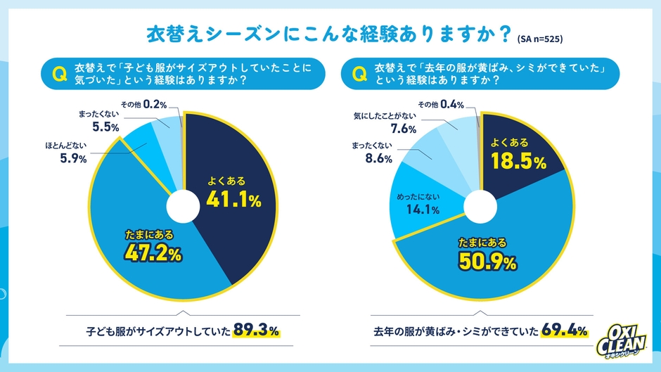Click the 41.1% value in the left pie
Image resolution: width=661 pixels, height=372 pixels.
pos(233,200)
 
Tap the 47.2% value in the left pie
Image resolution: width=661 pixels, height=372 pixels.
pos(153,252)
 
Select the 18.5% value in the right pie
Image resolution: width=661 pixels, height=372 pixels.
pos(518,162)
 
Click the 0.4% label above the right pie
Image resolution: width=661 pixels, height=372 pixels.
pos(451,105)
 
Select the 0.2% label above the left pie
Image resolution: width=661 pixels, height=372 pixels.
pos(154,105)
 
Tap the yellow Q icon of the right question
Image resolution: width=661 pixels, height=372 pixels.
pos(357,72)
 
